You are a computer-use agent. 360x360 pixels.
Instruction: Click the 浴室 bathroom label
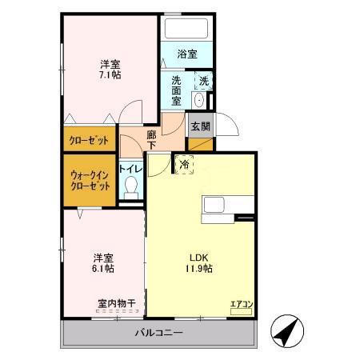point(187,54)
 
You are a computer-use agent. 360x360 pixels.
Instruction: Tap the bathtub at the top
point(187,29)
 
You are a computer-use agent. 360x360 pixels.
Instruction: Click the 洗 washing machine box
point(204,81)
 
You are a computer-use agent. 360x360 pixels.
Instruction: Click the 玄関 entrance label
point(199,126)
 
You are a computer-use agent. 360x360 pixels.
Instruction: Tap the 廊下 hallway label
point(152,141)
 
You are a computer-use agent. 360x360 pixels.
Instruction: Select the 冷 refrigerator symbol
point(185,164)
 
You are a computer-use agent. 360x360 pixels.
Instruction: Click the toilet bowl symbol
point(133,188)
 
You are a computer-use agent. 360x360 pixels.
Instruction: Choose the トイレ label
point(130,170)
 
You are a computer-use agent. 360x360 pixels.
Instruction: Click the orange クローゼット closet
point(88,139)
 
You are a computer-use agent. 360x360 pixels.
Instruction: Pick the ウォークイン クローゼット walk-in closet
point(89,179)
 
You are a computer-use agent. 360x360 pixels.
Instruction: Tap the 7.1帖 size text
point(109,74)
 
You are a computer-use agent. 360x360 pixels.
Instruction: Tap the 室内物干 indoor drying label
point(116,304)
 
